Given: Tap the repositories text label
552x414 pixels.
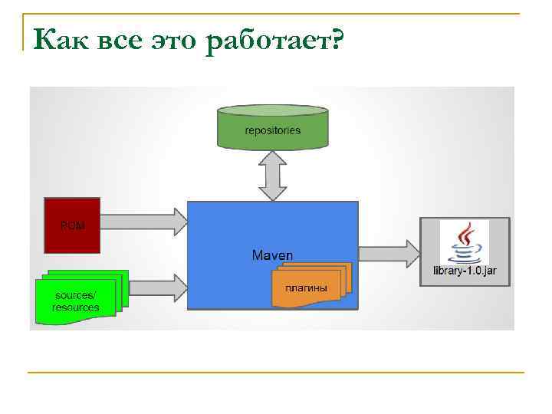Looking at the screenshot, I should click(273, 130).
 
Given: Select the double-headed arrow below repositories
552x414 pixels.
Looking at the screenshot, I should click(273, 176).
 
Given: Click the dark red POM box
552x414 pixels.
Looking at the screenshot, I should click(72, 225).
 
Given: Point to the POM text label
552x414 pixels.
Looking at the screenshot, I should click(72, 225).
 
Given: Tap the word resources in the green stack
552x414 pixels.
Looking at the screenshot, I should click(75, 307).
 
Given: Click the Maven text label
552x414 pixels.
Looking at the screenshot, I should click(272, 255).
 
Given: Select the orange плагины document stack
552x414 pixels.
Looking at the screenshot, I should click(311, 284).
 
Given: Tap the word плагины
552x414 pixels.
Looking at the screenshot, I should click(306, 288).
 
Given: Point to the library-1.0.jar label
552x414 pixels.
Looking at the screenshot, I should click(465, 271).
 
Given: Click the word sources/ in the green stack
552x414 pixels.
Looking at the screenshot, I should click(75, 295).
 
